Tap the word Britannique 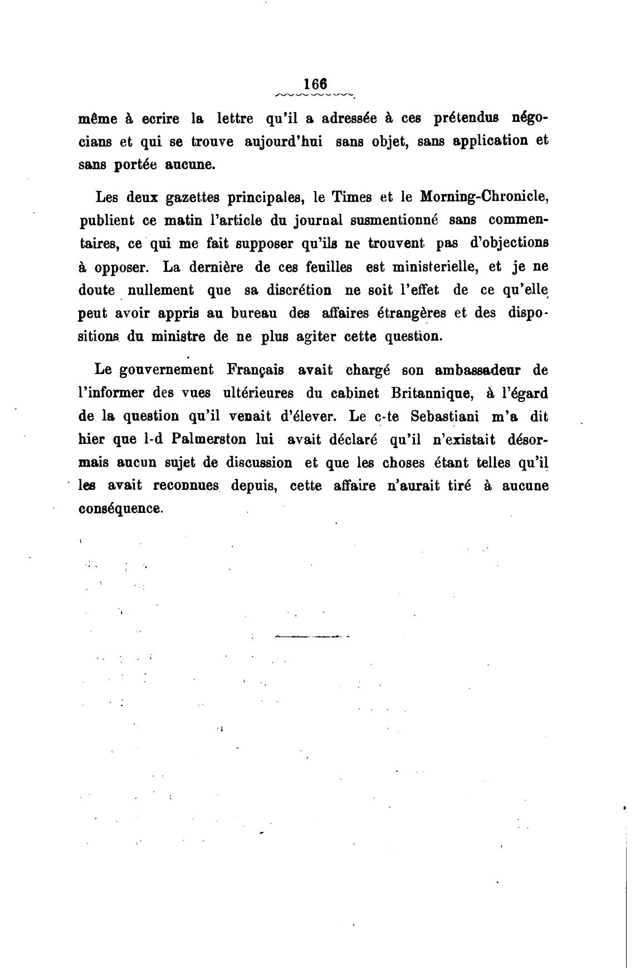(x=432, y=393)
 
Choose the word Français (x=256, y=370)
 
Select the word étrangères (x=411, y=313)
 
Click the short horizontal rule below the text (x=311, y=636)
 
